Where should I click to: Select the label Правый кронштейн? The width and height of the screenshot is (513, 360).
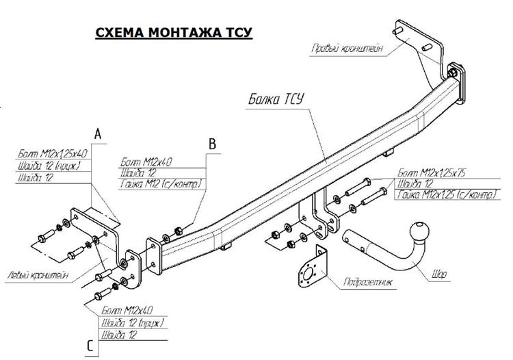(345, 49)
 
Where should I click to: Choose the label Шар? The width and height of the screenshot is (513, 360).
(440, 276)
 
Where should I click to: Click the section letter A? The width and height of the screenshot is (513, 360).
(98, 135)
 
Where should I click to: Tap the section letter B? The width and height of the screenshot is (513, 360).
(212, 144)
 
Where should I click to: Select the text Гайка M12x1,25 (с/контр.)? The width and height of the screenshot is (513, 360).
(445, 196)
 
